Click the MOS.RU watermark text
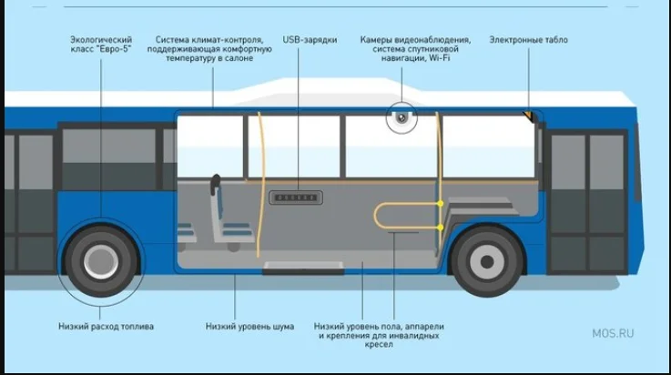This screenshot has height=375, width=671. tap(612, 333)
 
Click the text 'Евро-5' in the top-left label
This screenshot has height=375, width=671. tap(114, 49)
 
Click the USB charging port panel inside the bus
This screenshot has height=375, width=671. tap(295, 198)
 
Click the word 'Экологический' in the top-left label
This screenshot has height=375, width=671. tap(100, 40)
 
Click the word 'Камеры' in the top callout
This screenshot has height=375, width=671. tap(378, 40)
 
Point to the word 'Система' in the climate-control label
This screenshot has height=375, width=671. tap(173, 40)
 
